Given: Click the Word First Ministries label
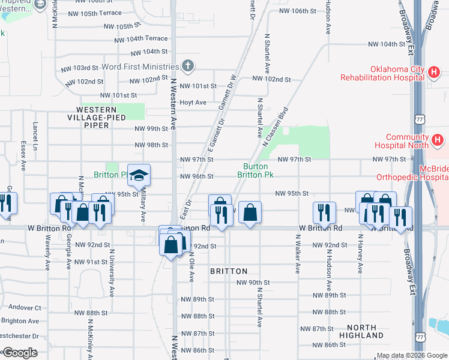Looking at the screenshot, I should [x=140, y=67].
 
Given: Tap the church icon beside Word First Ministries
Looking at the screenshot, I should [x=188, y=66].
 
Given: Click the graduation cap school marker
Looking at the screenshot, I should [x=139, y=175].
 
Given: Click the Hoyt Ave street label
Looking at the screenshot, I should [x=193, y=103].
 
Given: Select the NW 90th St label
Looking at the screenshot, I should [x=253, y=283].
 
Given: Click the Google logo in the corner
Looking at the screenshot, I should [x=20, y=353].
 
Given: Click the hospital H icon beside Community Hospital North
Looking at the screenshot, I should [x=438, y=142].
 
